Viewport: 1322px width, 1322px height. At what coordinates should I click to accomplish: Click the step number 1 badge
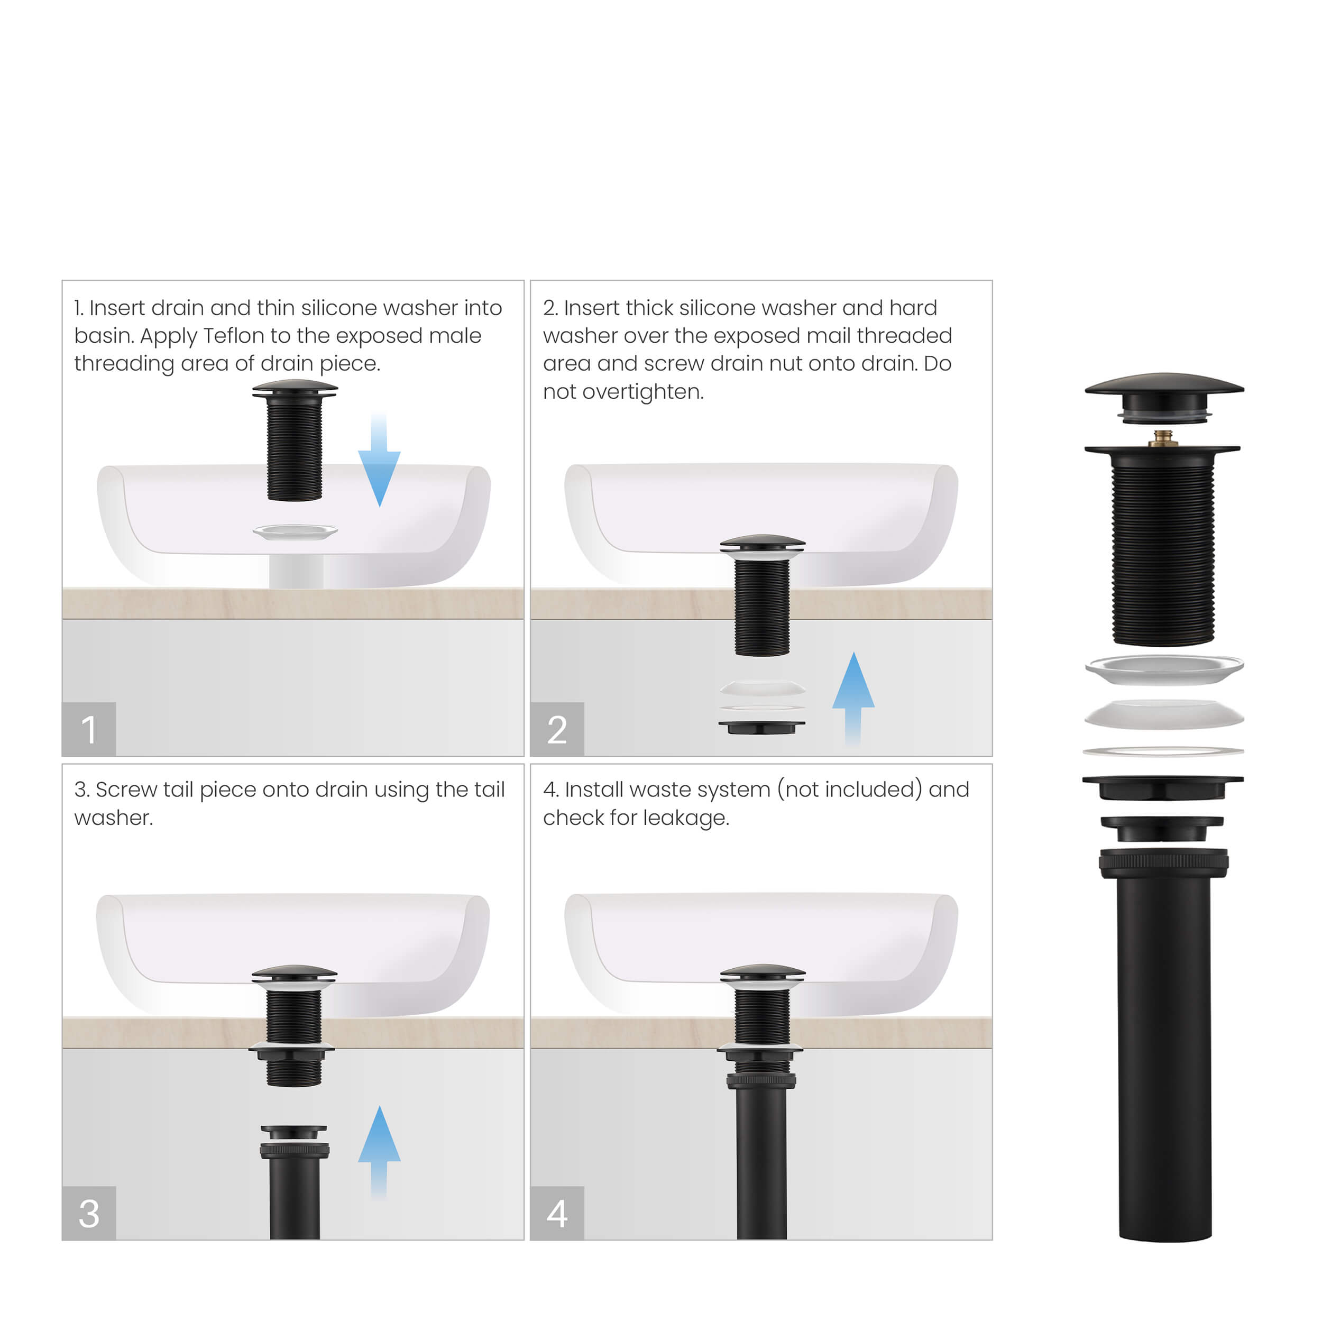click(89, 729)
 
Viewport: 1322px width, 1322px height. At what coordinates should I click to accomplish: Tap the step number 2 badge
click(557, 729)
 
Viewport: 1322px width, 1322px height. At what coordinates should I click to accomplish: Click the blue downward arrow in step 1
click(379, 465)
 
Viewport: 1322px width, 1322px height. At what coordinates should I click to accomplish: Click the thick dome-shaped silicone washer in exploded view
click(1164, 714)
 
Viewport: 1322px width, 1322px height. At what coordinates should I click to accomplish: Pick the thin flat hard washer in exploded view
click(1163, 751)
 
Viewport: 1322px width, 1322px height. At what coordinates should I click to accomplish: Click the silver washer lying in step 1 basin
click(295, 531)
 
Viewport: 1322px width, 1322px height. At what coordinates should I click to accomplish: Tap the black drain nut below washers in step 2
click(761, 727)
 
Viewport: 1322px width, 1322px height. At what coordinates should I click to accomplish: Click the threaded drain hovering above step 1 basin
click(295, 445)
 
